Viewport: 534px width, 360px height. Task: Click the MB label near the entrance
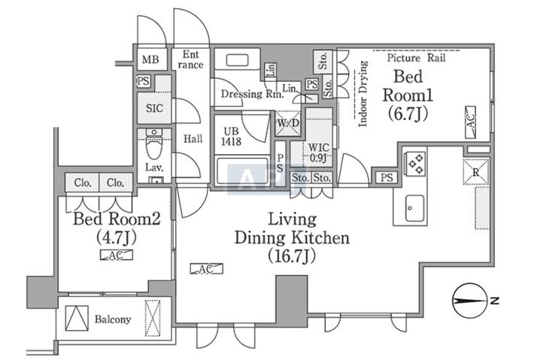point(150,59)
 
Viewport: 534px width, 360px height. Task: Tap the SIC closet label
point(154,108)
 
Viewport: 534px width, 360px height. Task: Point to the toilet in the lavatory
point(154,144)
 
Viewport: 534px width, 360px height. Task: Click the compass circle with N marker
point(469,301)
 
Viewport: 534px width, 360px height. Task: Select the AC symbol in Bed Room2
point(116,255)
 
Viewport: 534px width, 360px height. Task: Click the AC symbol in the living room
point(206,269)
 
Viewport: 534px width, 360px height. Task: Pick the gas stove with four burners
point(415,164)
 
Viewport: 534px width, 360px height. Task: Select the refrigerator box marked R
point(476,171)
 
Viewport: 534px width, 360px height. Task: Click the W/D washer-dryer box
point(288,123)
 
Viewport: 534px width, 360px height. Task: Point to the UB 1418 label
point(231,137)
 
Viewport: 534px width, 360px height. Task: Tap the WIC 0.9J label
point(318,153)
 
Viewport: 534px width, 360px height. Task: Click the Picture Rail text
point(416,58)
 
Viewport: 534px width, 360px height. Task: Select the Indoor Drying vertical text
point(363,94)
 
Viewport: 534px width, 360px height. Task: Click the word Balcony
point(113,319)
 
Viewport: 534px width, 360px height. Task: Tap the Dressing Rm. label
point(252,94)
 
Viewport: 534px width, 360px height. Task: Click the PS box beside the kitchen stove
point(387,177)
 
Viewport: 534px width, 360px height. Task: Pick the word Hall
point(193,138)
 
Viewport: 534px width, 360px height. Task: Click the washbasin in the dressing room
point(237,61)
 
